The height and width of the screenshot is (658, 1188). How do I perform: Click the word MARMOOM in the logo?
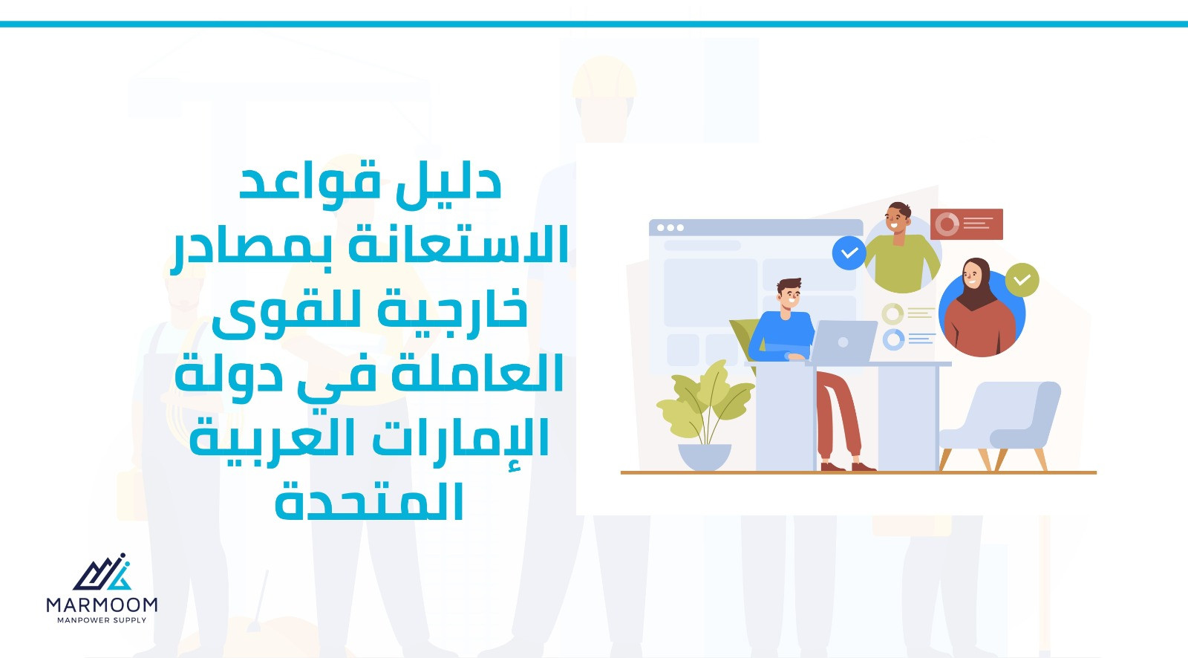(102, 605)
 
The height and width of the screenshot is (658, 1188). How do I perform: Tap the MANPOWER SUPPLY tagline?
(102, 620)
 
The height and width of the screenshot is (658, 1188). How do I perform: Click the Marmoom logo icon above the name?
(102, 572)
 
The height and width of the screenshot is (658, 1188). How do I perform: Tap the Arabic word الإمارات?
(460, 437)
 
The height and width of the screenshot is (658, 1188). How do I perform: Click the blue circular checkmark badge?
(849, 253)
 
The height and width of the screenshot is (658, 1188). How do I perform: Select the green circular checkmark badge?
(1022, 280)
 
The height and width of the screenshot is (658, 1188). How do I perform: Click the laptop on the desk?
(842, 341)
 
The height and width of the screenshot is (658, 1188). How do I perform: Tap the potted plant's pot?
(705, 456)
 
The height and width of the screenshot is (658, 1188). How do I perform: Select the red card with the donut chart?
(966, 224)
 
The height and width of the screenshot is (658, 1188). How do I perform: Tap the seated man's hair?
(790, 285)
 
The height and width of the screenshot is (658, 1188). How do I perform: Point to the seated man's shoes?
(848, 466)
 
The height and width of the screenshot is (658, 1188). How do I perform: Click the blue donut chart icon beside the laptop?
(893, 339)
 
